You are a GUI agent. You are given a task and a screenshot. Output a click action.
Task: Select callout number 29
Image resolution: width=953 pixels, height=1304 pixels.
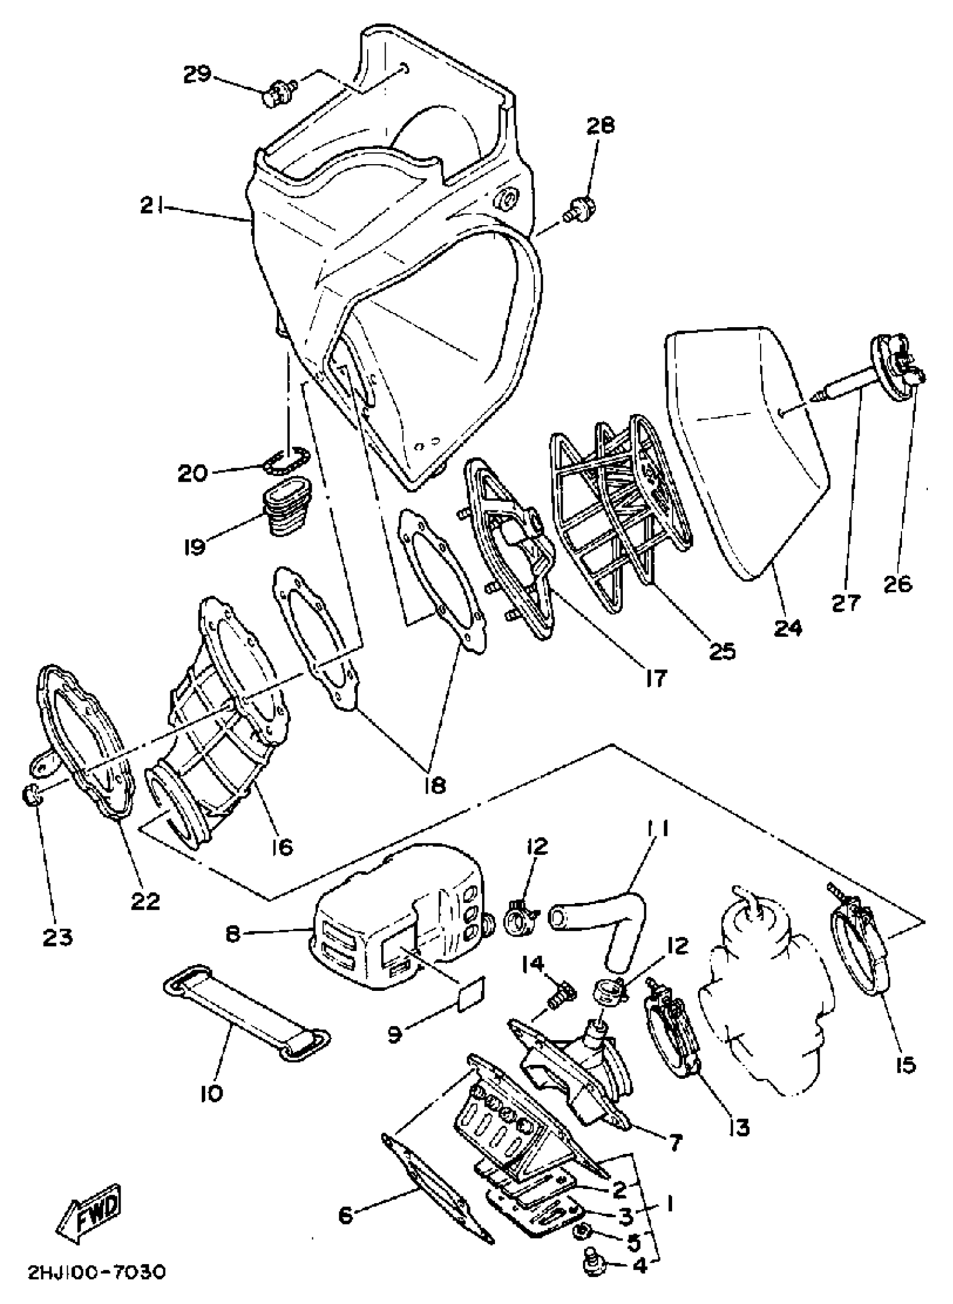(x=197, y=75)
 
